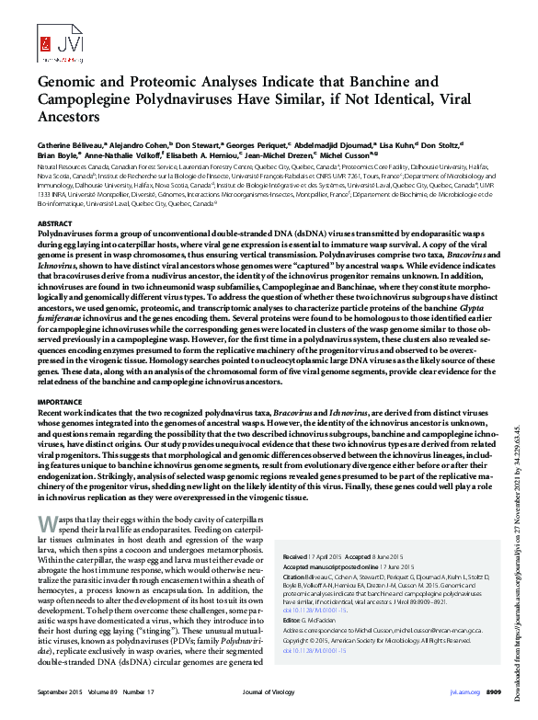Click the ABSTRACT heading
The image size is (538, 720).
pyautogui.click(x=53, y=223)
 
